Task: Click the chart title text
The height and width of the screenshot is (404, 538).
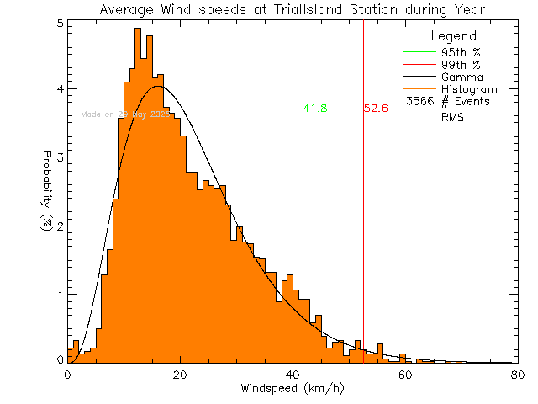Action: [292, 10]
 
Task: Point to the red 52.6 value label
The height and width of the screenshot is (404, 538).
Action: [376, 109]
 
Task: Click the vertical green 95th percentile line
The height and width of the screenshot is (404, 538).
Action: [303, 210]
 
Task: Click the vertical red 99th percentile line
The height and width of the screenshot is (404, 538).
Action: [363, 210]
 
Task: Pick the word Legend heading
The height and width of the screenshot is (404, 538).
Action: [453, 36]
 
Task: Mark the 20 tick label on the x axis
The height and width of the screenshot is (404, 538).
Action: [179, 375]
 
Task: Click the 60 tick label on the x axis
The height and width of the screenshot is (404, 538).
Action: [404, 375]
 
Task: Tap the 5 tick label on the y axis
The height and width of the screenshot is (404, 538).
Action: [59, 23]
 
